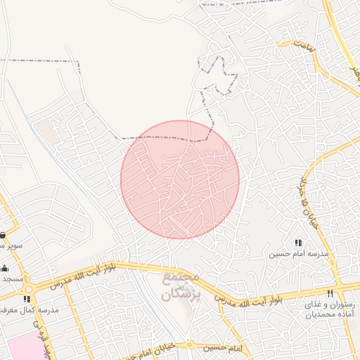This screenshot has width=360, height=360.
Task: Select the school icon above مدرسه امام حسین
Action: tap(297, 243)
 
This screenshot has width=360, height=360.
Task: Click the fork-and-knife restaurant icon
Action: tap(330, 292)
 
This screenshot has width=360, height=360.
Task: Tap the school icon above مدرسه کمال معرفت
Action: tap(27, 299)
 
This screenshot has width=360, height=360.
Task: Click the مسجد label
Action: tap(13, 279)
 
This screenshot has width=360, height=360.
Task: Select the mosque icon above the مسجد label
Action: tap(4, 268)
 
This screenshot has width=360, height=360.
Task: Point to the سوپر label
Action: tap(11, 246)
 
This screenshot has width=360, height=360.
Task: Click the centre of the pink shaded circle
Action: tap(180, 179)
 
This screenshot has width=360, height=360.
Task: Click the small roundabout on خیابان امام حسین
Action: tap(189, 345)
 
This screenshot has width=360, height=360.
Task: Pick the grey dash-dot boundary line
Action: tap(42, 60)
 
